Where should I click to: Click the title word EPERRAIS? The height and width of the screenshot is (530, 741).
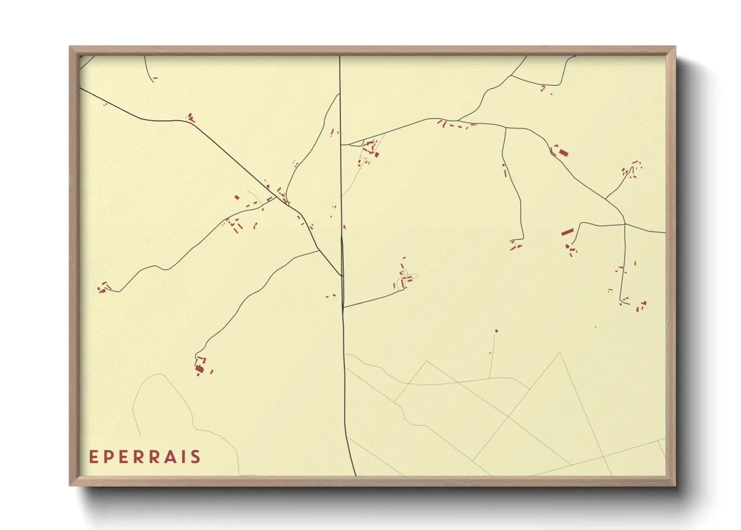pos(145,457)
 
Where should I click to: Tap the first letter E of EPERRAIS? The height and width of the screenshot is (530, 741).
pos(93,457)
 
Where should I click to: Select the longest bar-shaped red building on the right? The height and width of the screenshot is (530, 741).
pos(567,232)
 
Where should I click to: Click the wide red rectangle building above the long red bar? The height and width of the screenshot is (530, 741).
pos(563,152)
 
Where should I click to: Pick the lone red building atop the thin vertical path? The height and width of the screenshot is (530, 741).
pos(496,331)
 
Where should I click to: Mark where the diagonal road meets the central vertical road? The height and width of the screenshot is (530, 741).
pos(341,276)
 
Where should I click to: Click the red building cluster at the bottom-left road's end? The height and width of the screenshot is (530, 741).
pos(201,366)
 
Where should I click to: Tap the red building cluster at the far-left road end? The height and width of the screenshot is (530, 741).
pos(103,288)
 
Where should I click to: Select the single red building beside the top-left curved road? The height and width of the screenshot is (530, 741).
pos(155,78)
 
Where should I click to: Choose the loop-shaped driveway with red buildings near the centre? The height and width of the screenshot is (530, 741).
pos(407,277)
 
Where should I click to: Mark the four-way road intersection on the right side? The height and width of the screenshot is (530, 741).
pos(625,224)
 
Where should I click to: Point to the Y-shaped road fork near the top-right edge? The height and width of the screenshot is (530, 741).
pos(511,76)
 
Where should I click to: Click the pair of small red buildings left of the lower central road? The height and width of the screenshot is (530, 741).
pos(330,296)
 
